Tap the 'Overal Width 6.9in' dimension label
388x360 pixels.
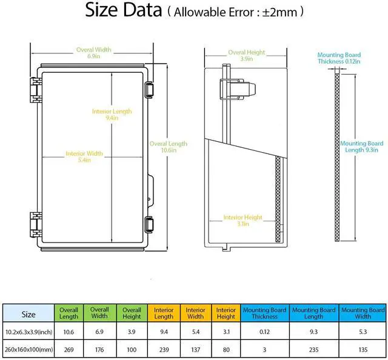click(93, 52)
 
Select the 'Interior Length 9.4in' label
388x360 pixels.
click(112, 115)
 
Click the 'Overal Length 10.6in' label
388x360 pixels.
click(168, 147)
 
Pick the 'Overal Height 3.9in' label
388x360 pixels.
click(246, 56)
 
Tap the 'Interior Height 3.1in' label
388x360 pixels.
click(242, 221)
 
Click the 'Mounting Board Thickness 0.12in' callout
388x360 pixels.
click(339, 58)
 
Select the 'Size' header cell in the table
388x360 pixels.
click(28, 315)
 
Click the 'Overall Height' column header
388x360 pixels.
click(132, 313)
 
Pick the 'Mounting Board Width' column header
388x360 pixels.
click(363, 313)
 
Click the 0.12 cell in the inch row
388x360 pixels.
click(264, 331)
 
